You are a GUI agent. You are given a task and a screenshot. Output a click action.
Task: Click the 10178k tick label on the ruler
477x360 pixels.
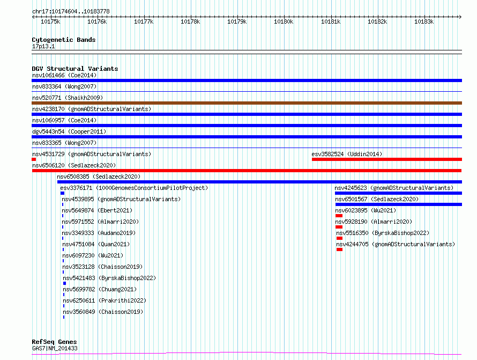190,21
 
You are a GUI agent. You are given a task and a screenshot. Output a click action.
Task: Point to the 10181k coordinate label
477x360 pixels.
331,21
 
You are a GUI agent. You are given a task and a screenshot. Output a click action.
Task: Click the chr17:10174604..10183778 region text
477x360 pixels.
71,12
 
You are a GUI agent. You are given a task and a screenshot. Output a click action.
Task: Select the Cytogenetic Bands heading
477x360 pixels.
64,40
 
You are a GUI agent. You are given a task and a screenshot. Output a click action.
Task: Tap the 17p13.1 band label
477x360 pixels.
43,46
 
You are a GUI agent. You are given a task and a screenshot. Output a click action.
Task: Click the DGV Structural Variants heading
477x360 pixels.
75,69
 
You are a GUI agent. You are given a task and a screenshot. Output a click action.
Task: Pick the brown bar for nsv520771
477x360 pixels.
247,103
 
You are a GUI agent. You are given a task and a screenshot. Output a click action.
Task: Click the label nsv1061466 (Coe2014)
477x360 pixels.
64,75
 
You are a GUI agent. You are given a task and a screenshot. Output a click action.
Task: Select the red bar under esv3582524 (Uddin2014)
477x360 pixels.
387,159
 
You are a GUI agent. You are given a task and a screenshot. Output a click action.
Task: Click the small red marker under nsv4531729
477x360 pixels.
34,159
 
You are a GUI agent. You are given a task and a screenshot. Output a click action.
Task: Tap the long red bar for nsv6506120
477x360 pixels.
247,171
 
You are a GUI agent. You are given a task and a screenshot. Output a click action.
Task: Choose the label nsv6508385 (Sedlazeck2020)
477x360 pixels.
99,177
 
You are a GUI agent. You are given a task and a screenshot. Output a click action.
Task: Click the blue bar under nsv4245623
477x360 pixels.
399,193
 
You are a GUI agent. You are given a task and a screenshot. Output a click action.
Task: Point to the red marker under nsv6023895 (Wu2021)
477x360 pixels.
339,216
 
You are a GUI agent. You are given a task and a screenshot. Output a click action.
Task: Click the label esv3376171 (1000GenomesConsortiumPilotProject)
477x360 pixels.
134,188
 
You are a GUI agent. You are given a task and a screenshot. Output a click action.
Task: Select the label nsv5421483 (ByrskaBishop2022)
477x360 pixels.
109,278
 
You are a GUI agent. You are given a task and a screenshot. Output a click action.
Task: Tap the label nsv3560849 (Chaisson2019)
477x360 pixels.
103,312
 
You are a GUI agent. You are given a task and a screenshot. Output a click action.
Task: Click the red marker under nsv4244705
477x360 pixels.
339,249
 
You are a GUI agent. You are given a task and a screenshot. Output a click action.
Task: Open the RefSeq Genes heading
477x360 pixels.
54,342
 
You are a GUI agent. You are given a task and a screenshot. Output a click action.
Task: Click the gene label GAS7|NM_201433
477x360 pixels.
55,348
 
